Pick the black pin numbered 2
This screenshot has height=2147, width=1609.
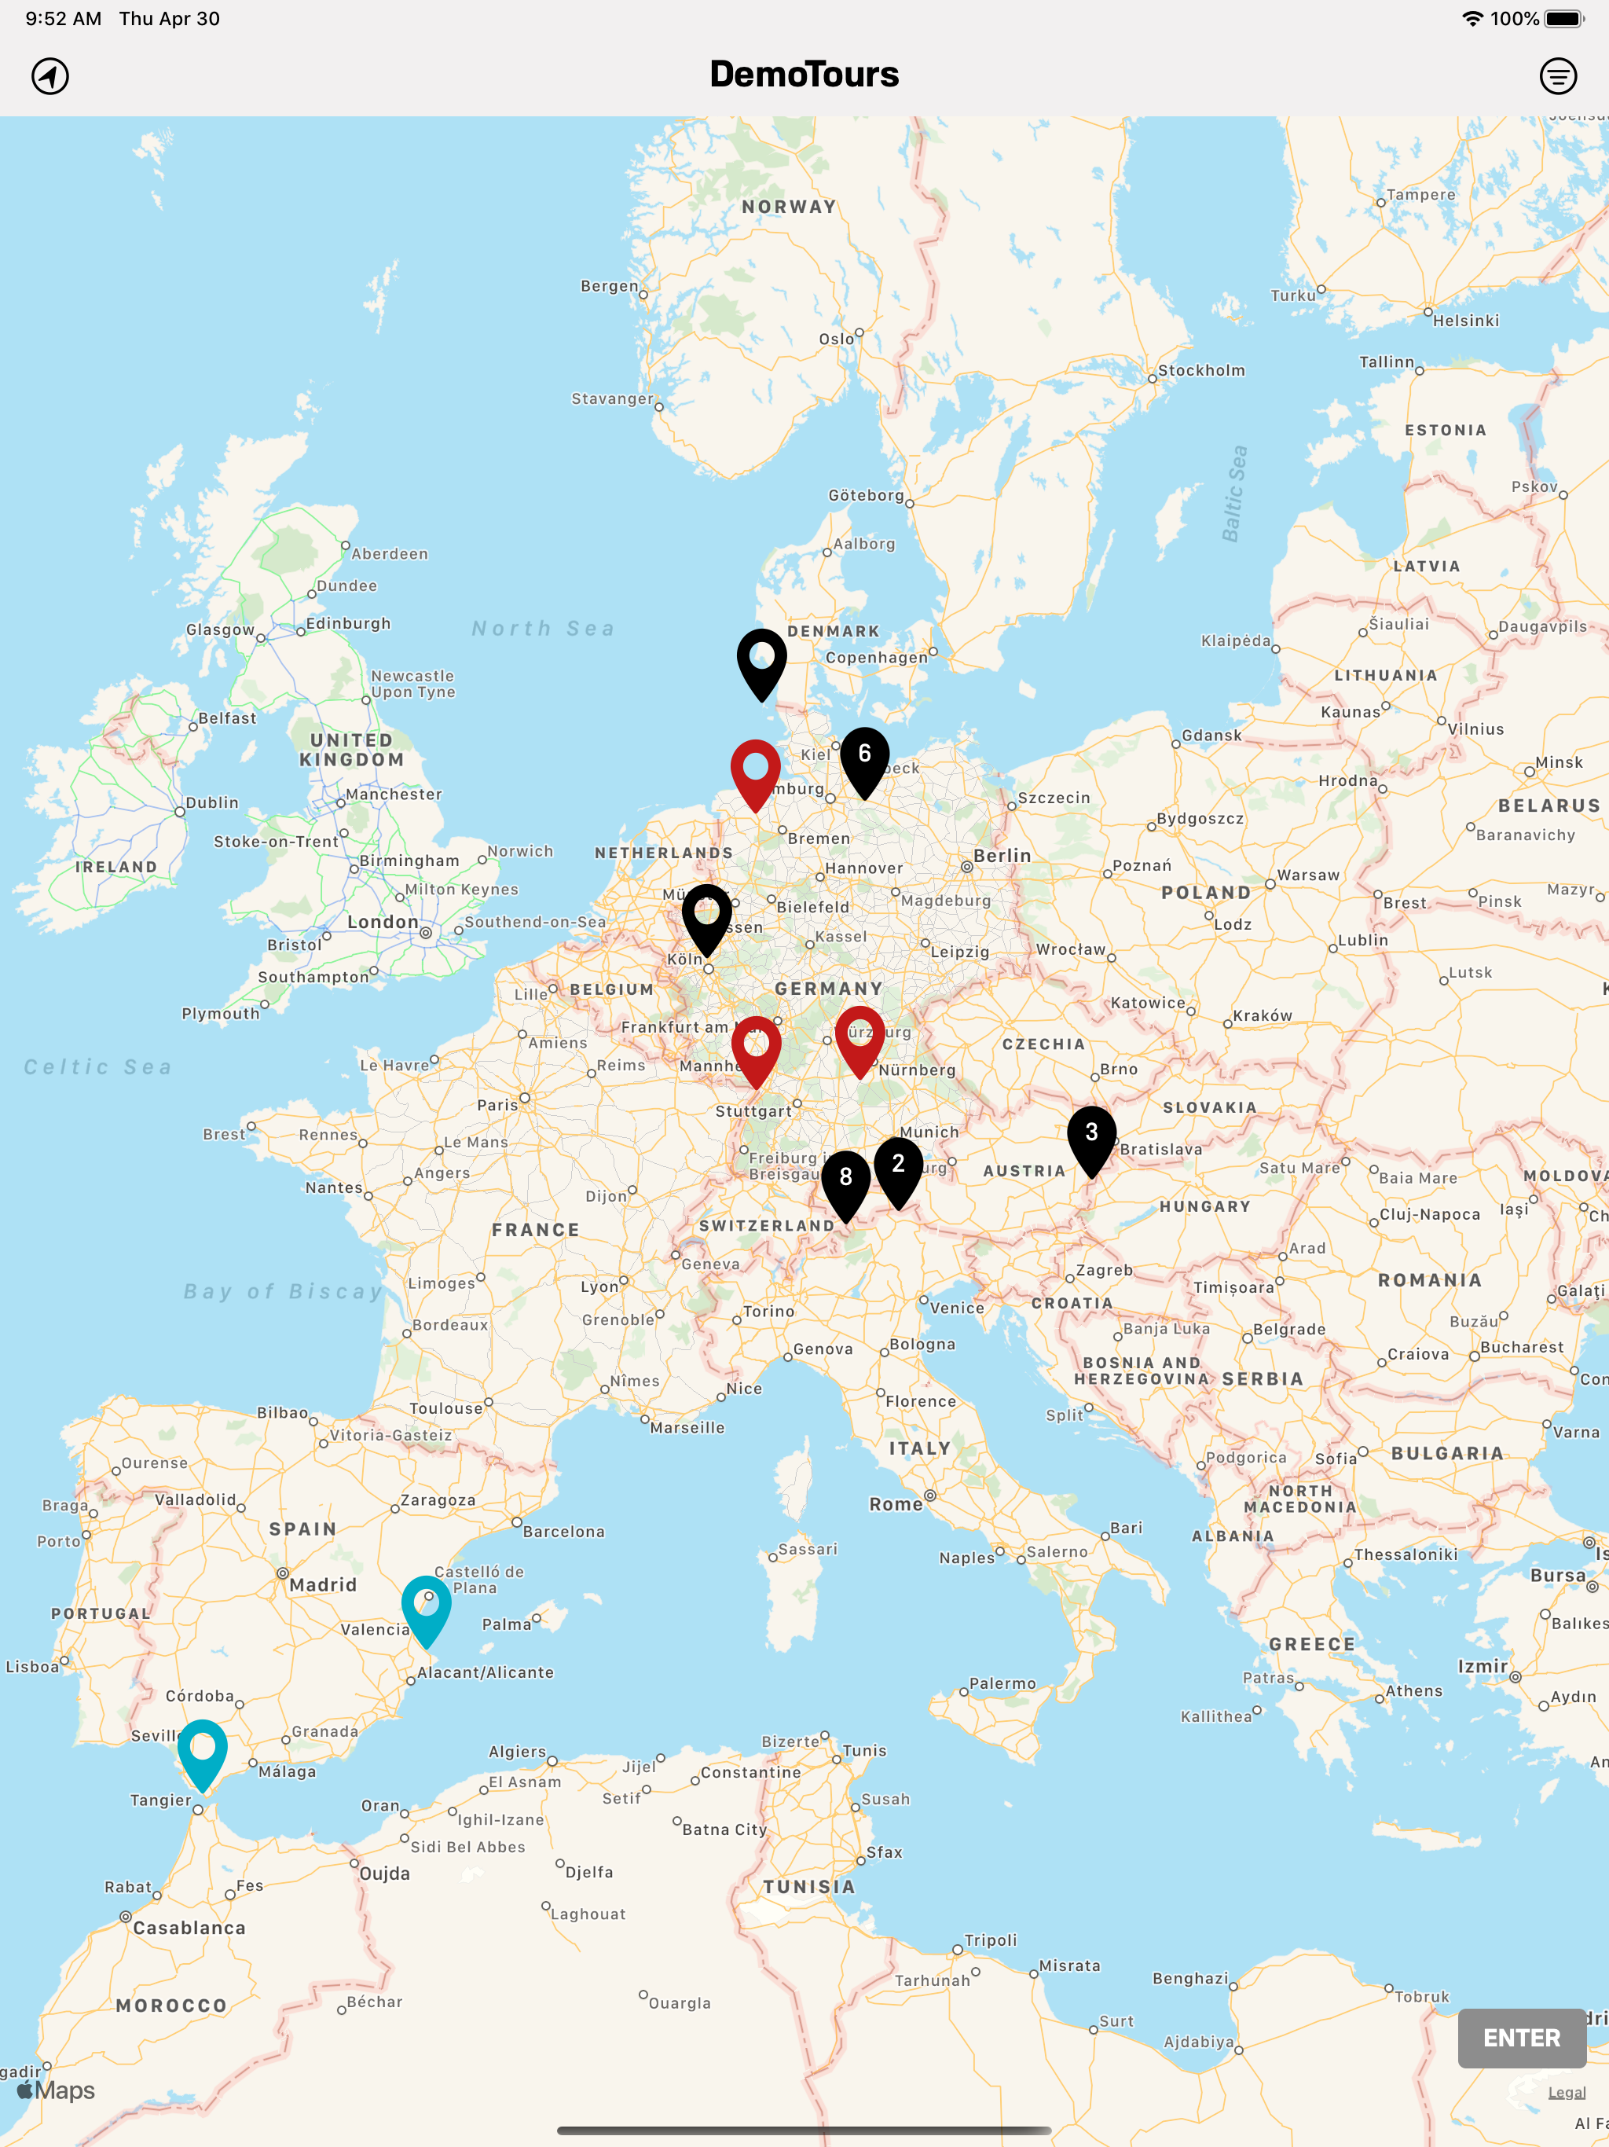point(898,1168)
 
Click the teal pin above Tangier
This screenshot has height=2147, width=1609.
point(202,1750)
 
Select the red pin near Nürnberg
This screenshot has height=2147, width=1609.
point(859,1036)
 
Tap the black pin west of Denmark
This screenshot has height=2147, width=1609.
point(762,659)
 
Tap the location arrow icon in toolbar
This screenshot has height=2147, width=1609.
point(50,75)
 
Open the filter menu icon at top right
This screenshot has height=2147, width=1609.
point(1558,75)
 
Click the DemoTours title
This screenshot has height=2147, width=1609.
point(804,75)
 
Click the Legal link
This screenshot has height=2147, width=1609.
point(1567,2092)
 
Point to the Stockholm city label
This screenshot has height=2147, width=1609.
point(1200,370)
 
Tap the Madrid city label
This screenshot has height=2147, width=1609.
point(323,1584)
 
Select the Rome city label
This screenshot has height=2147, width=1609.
point(896,1503)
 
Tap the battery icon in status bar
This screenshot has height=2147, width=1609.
point(1563,18)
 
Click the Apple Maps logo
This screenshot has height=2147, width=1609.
point(57,2090)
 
